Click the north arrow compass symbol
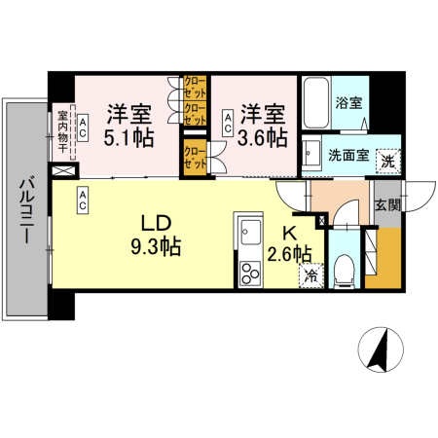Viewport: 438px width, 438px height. pyautogui.click(x=381, y=349)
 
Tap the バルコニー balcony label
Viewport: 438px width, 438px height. pyautogui.click(x=26, y=210)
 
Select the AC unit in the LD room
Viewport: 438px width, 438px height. pyautogui.click(x=83, y=201)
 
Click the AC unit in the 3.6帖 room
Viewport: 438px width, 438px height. pyautogui.click(x=228, y=123)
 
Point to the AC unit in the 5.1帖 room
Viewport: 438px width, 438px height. pyautogui.click(x=83, y=128)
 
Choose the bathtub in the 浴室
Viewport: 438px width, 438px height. pyautogui.click(x=316, y=103)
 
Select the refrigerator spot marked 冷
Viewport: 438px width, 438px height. pyautogui.click(x=311, y=275)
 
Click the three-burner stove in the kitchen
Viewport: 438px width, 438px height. pyautogui.click(x=250, y=274)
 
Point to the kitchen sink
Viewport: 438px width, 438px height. pyautogui.click(x=250, y=232)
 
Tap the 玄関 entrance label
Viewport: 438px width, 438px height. pyautogui.click(x=388, y=205)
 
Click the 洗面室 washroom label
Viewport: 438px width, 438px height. pyautogui.click(x=348, y=156)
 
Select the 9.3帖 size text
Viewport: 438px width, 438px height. pyautogui.click(x=156, y=246)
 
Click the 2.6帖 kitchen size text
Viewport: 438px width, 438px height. pyautogui.click(x=290, y=254)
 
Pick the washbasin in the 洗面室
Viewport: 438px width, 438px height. pyautogui.click(x=312, y=155)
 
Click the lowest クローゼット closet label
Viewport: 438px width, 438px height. pyautogui.click(x=195, y=158)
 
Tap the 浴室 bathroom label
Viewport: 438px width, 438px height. pyautogui.click(x=349, y=103)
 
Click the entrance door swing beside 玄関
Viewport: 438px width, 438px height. pyautogui.click(x=420, y=197)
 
